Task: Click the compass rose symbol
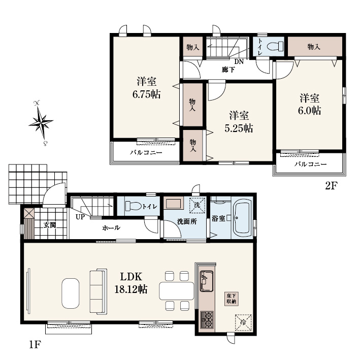coord(41,123)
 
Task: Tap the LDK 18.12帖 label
coord(131,283)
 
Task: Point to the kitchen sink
coord(207,281)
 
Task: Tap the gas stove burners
coord(207,319)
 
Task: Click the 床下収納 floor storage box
coord(231,299)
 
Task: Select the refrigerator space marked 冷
coord(243,322)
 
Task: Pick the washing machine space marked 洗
coord(197,205)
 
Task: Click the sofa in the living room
coord(99,291)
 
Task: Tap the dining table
coord(177,291)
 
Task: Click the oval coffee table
coord(70,293)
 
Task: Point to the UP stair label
coord(80,217)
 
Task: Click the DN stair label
coord(239,61)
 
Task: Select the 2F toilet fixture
coord(275,46)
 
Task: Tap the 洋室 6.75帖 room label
coord(146,88)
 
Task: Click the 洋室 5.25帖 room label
coord(239,122)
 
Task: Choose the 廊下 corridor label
coord(228,70)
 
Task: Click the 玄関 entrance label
coord(50,225)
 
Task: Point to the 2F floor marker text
coord(331,186)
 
